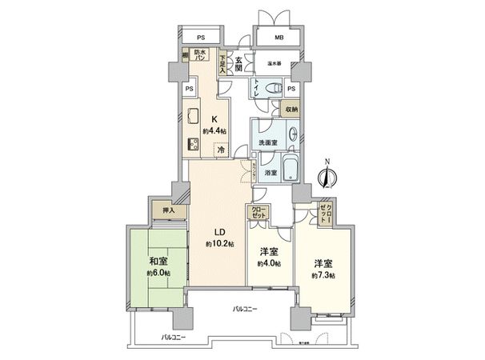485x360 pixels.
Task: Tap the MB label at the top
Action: pos(279,37)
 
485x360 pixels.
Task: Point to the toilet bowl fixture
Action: pos(272,89)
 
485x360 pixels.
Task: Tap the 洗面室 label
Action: pos(267,142)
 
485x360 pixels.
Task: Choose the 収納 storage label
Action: pos(291,110)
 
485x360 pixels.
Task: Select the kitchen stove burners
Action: pos(194,145)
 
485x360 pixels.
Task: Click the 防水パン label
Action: pos(200,57)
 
